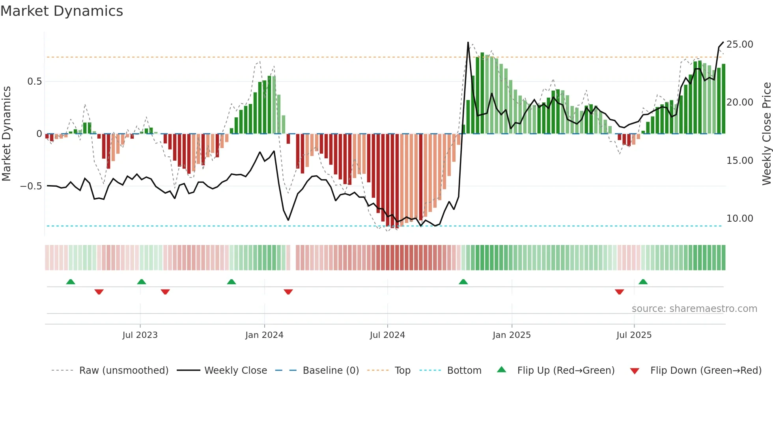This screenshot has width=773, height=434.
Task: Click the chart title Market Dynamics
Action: click(x=62, y=11)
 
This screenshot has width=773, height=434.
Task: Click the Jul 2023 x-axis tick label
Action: click(x=140, y=335)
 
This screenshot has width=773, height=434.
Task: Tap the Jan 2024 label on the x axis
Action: click(x=264, y=335)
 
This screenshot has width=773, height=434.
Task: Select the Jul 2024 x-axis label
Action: click(x=387, y=335)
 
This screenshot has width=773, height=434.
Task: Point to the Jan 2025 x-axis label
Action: click(x=512, y=335)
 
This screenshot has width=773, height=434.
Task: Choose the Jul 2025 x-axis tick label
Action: click(x=634, y=335)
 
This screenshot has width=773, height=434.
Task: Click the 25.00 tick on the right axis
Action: click(x=739, y=45)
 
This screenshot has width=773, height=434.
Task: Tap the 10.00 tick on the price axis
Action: click(x=739, y=219)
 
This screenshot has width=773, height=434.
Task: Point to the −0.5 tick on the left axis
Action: click(x=31, y=186)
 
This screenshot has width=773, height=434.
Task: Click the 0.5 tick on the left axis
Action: click(x=34, y=82)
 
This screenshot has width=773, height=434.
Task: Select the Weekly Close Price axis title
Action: click(x=766, y=134)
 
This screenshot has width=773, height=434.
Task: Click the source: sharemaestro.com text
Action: click(x=694, y=309)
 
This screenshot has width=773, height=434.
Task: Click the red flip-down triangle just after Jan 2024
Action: click(x=288, y=292)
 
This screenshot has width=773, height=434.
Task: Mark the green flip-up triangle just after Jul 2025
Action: click(x=643, y=282)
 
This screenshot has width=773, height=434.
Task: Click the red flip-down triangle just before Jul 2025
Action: click(x=619, y=292)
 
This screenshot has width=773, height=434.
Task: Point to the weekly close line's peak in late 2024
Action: click(x=468, y=43)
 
